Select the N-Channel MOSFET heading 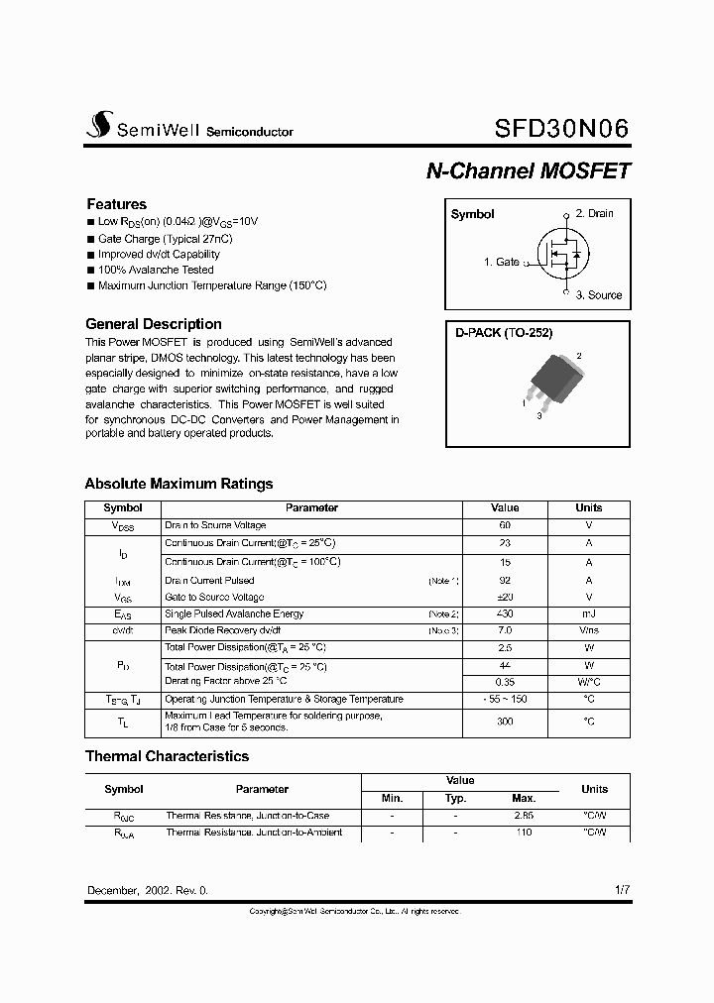click(x=528, y=170)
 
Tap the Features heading click(x=116, y=204)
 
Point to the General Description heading click(x=154, y=324)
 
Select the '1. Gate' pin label click(x=502, y=262)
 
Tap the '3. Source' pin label click(x=599, y=294)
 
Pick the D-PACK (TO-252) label click(x=504, y=334)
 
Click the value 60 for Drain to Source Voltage click(x=505, y=525)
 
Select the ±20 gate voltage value click(x=505, y=598)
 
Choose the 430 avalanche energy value click(x=505, y=614)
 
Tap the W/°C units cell click(x=589, y=682)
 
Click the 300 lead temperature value click(x=505, y=722)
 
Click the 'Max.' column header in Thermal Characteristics click(x=524, y=798)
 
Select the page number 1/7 click(x=622, y=890)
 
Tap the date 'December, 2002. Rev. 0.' click(x=148, y=891)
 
